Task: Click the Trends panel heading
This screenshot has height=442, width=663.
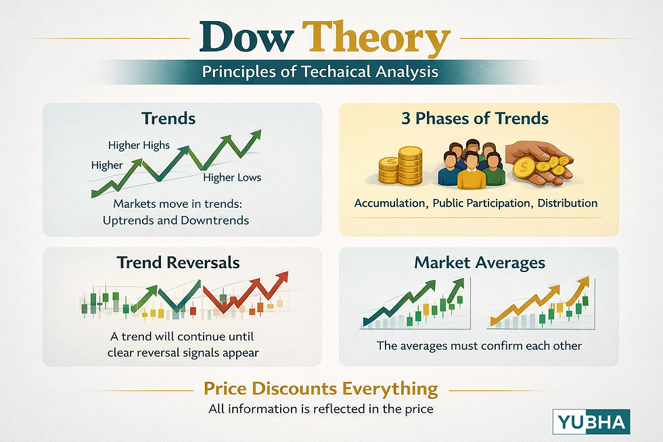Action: point(168,118)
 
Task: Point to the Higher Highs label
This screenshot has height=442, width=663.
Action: point(139,145)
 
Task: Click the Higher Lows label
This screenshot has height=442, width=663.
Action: point(232,177)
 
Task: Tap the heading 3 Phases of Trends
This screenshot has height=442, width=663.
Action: point(476,119)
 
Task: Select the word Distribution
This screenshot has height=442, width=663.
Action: point(568,202)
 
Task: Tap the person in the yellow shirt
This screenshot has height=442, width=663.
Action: point(472,170)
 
